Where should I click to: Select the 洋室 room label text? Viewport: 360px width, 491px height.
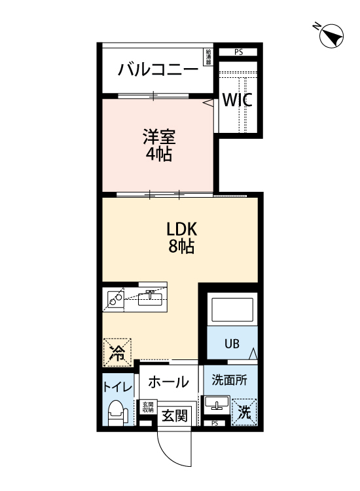[158, 138]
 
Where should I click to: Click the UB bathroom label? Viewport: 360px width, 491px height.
[232, 343]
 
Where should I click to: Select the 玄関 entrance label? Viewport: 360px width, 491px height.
[175, 415]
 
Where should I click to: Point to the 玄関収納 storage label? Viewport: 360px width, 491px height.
[148, 408]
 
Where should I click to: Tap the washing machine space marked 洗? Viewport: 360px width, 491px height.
[244, 412]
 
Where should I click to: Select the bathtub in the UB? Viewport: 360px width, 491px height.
[231, 310]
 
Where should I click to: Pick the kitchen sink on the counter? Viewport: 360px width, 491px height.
[151, 299]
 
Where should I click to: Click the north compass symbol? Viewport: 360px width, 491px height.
[332, 35]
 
